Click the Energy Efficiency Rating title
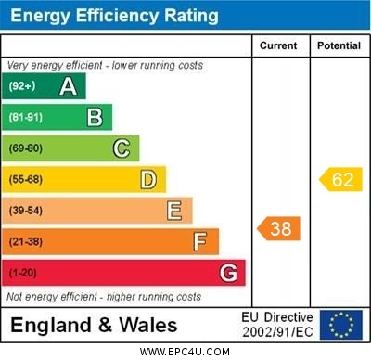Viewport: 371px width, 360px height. tap(113, 16)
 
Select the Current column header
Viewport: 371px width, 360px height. tap(278, 45)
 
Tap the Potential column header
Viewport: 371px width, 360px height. tap(339, 45)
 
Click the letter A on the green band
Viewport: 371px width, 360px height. tap(68, 86)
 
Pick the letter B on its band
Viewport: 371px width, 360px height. tap(95, 117)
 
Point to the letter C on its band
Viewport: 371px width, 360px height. tap(122, 148)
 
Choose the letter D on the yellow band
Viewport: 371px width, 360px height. tap(148, 179)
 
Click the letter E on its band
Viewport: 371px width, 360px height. tap(174, 211)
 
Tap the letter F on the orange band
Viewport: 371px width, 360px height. tap(200, 242)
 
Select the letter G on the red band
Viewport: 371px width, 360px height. tap(228, 273)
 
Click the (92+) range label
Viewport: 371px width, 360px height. tap(23, 86)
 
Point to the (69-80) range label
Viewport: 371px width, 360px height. tap(26, 148)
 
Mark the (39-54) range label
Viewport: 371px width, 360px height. tap(26, 211)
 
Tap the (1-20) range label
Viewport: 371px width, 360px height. tap(23, 273)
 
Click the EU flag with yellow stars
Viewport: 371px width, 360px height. tap(340, 325)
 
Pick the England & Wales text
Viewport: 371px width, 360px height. tap(94, 325)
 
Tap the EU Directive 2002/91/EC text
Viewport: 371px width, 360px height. tap(278, 325)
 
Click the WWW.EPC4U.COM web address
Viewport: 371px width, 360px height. tap(185, 352)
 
